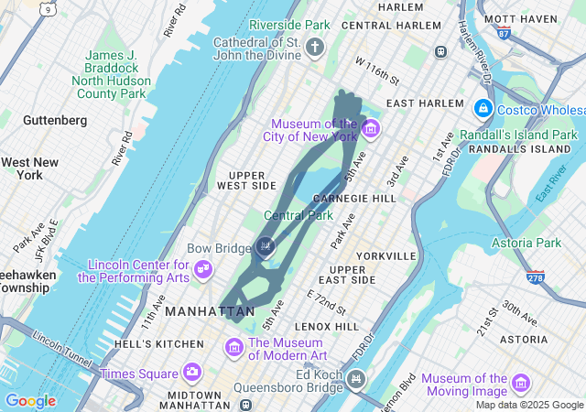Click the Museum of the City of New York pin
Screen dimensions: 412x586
click(370, 129)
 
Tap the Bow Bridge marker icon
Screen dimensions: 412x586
click(266, 245)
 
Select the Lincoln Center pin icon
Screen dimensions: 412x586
click(204, 270)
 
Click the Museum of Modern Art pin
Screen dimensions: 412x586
click(233, 348)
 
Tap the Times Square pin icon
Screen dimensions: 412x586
click(191, 372)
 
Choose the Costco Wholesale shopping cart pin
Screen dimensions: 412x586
click(483, 109)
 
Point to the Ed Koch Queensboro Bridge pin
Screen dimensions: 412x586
click(356, 378)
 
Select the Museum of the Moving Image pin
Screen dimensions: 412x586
click(521, 383)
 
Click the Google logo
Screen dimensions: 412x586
click(30, 401)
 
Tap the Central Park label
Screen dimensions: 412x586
click(298, 216)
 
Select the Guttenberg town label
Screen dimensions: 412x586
click(55, 120)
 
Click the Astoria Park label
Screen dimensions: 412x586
click(526, 243)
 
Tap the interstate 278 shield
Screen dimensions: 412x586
click(534, 276)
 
